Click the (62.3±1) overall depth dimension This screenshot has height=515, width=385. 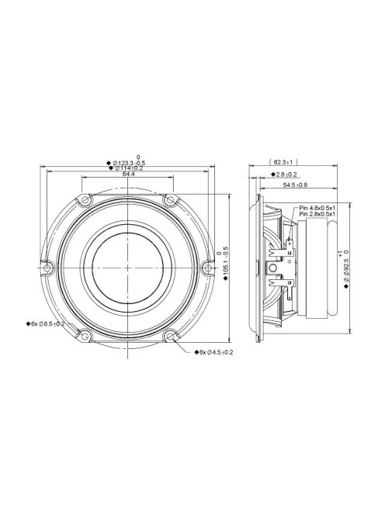(287, 163)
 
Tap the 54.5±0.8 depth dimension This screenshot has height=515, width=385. (294, 185)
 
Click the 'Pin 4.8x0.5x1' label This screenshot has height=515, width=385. (317, 208)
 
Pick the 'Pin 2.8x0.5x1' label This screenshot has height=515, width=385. (317, 215)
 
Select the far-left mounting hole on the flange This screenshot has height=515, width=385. (48, 268)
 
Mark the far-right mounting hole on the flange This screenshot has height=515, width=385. (206, 268)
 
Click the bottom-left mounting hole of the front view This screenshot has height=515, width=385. (85, 335)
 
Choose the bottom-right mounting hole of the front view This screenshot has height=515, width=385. (169, 335)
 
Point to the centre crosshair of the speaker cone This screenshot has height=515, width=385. (127, 268)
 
